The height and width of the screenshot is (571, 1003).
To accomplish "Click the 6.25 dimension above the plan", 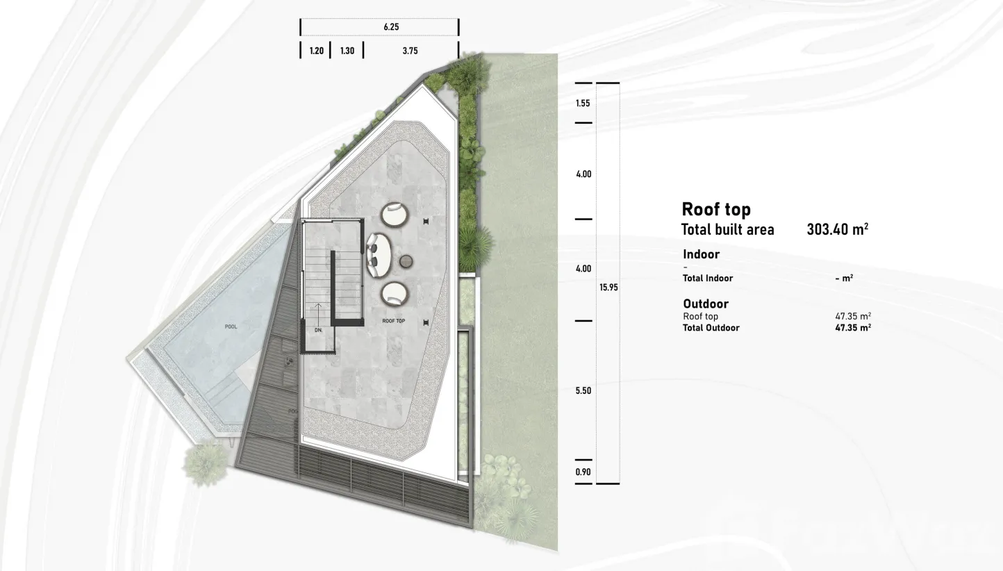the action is tap(391, 27).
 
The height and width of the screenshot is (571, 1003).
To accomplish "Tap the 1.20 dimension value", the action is tap(317, 51).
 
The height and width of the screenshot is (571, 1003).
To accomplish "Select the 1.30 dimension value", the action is tap(347, 51).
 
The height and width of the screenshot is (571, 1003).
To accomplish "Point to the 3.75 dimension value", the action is tap(410, 51).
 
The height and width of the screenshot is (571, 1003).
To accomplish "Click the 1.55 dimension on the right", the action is tap(583, 104).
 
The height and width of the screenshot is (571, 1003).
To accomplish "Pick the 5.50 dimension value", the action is tap(583, 390).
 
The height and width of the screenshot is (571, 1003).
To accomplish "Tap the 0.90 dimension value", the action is tap(583, 472).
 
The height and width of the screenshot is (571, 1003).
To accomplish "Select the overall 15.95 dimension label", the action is tap(608, 288).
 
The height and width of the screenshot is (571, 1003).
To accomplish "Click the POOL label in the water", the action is tap(231, 326).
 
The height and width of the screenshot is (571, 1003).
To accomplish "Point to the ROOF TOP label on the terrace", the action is tap(394, 321).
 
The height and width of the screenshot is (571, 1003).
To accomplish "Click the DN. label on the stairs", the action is tap(318, 330).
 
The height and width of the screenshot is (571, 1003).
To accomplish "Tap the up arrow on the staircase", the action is tap(318, 315).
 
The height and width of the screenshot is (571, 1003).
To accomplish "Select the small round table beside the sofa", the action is tap(406, 262).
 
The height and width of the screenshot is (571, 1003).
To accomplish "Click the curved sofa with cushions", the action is tap(379, 255).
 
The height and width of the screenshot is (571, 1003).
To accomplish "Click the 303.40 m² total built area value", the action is tap(837, 229).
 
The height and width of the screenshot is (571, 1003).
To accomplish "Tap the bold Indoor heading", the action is tap(702, 254).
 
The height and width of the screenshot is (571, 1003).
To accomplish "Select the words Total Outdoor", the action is tap(711, 328).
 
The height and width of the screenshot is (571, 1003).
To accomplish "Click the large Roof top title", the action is tap(716, 209).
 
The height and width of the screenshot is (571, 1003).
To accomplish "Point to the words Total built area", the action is tap(728, 230).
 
